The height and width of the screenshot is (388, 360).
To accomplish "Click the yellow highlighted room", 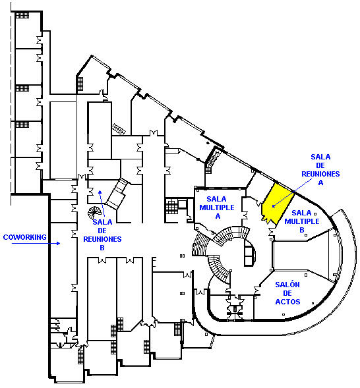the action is pos(277,204).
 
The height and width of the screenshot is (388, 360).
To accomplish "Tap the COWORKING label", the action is pos(24,237).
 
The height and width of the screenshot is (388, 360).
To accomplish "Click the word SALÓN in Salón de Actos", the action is pos(287,285).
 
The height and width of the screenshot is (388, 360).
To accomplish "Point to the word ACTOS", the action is pos(287,302).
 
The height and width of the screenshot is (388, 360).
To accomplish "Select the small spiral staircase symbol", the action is pos(94,212).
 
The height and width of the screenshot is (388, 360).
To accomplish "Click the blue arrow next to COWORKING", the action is pos(36,243).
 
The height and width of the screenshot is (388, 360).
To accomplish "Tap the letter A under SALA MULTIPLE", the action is pos(218,216).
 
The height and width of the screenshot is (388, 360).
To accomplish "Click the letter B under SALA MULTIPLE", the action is pos(302,230).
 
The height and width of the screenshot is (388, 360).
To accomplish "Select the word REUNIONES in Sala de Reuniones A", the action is pos(320,174).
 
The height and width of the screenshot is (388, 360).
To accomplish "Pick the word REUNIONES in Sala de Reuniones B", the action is pos(102,239).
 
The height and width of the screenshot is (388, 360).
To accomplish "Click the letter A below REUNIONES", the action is pos(320,182).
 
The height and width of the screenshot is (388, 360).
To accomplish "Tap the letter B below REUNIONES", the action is pos(102,248).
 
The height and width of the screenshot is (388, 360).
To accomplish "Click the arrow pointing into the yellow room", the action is pos(291,193).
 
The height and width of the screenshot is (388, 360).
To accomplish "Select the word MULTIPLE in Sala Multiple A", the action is pos(217,208).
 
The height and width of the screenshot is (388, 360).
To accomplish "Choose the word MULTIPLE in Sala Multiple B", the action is pos(302,221).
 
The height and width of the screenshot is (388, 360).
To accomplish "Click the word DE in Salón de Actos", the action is pos(287,293).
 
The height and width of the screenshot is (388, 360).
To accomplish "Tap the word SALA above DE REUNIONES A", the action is pos(320,157).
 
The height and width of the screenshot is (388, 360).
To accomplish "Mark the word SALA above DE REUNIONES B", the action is pos(102,222).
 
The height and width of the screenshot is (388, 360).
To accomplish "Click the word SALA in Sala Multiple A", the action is pos(217,199).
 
